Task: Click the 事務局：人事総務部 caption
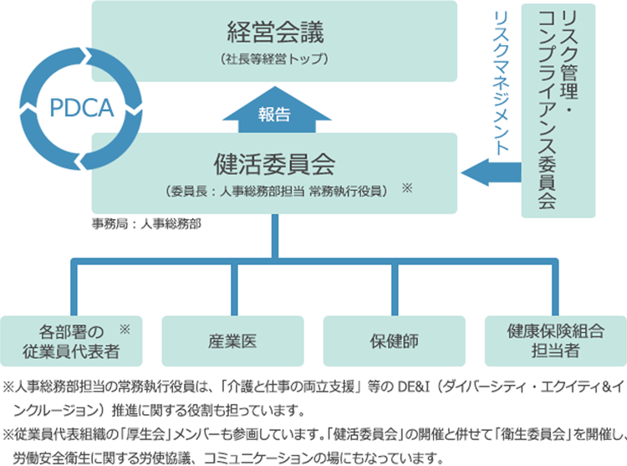(147, 224)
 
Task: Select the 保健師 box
(392, 341)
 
